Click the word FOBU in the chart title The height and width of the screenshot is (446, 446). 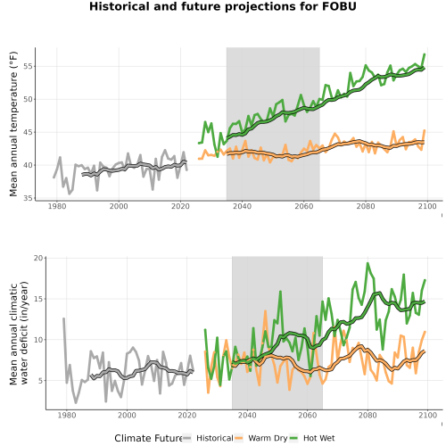pyautogui.click(x=339, y=6)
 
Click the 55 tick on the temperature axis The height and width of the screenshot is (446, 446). pyautogui.click(x=28, y=66)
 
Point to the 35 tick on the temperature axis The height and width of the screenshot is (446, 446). pyautogui.click(x=28, y=198)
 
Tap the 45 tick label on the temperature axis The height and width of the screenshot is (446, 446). pyautogui.click(x=28, y=132)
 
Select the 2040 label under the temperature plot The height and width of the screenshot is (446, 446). pyautogui.click(x=242, y=206)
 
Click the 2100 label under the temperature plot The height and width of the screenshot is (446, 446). pyautogui.click(x=427, y=206)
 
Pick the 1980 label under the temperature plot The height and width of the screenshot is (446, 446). pyautogui.click(x=57, y=206)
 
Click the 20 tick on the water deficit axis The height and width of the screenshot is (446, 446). pyautogui.click(x=38, y=258)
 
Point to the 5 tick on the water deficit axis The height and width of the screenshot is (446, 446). pyautogui.click(x=40, y=381)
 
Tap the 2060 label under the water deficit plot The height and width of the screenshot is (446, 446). pyautogui.click(x=307, y=415)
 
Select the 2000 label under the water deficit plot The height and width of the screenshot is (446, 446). pyautogui.click(x=127, y=415)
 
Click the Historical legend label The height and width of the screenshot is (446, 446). pyautogui.click(x=215, y=438)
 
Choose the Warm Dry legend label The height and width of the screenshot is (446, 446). pyautogui.click(x=268, y=439)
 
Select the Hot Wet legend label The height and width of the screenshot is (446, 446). pyautogui.click(x=319, y=438)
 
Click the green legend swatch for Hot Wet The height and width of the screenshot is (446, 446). pyautogui.click(x=293, y=438)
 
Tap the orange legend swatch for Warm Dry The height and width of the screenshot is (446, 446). pyautogui.click(x=239, y=438)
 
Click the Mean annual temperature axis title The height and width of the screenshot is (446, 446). pyautogui.click(x=13, y=124)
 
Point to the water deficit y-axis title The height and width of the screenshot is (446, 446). pyautogui.click(x=19, y=333)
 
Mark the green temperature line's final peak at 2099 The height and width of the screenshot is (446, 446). pyautogui.click(x=425, y=54)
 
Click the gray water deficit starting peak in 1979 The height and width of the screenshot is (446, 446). pyautogui.click(x=63, y=318)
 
